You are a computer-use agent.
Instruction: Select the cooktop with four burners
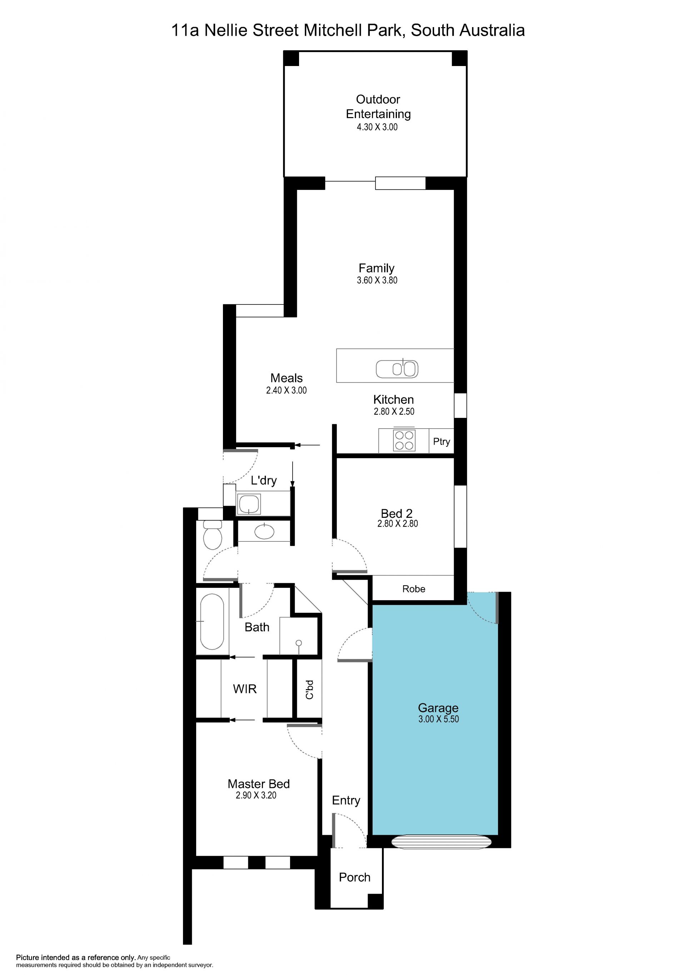(x=404, y=440)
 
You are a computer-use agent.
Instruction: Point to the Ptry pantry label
(x=442, y=441)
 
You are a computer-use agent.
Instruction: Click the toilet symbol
(x=213, y=535)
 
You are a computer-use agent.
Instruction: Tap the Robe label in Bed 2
(x=413, y=588)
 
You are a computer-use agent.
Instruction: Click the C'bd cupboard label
(x=309, y=689)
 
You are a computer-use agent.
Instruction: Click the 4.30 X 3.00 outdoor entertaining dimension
(x=377, y=127)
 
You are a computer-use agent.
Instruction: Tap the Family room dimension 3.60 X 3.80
(x=377, y=280)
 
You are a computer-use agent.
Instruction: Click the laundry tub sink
(x=249, y=504)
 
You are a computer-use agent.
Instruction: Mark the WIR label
(x=245, y=689)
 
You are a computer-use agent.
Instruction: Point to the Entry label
(x=346, y=800)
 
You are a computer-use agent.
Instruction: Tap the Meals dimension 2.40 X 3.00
(x=286, y=390)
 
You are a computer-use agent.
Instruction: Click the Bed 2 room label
(x=397, y=514)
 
